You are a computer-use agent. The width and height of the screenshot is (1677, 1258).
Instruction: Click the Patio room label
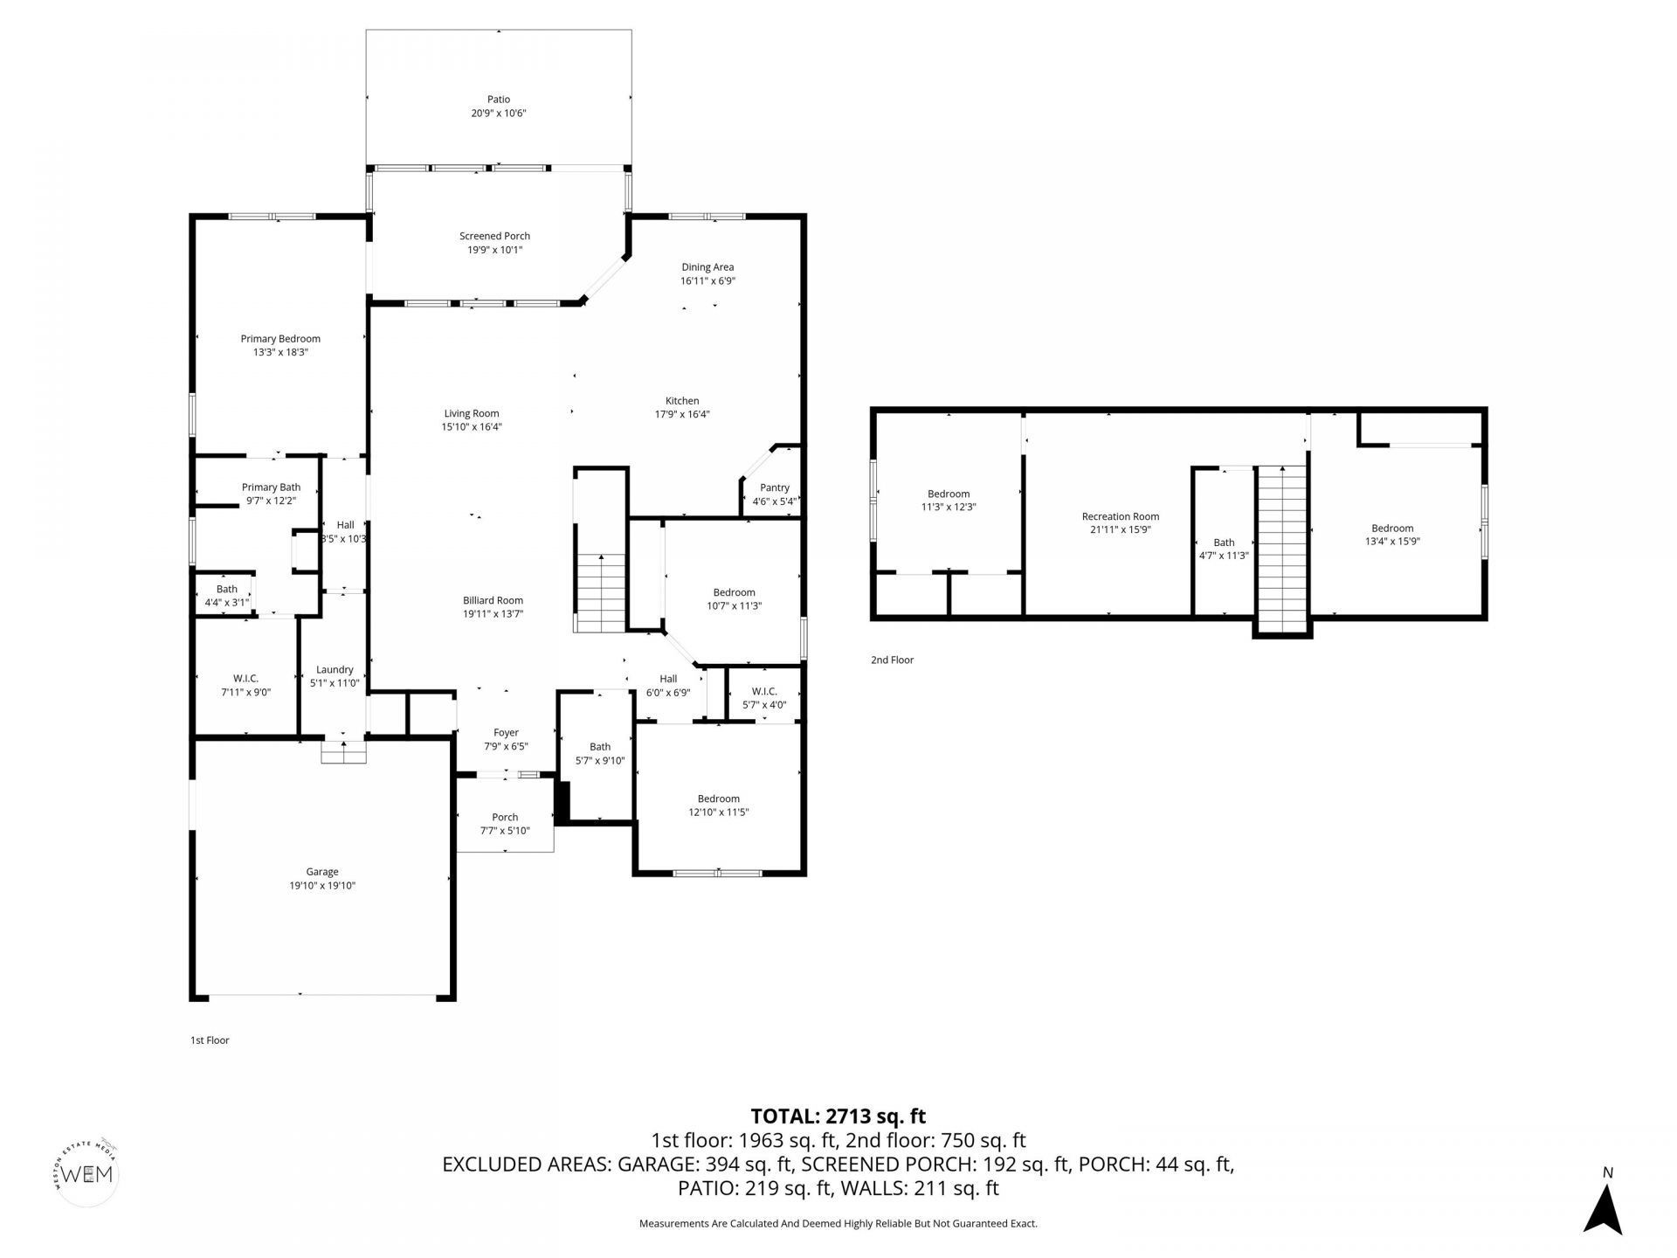(x=499, y=100)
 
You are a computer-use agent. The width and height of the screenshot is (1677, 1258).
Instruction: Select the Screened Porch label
(x=494, y=236)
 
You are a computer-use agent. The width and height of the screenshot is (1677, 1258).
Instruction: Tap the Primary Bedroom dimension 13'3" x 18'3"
(x=280, y=353)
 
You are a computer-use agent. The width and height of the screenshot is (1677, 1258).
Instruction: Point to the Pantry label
(x=775, y=488)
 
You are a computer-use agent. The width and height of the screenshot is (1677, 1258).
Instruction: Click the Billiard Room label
(x=493, y=600)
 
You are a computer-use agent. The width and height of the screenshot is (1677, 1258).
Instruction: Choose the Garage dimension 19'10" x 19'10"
(x=322, y=886)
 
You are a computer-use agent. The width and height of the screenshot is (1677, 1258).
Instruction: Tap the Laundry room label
(x=335, y=670)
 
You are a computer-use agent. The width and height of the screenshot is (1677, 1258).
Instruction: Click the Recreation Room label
(x=1121, y=516)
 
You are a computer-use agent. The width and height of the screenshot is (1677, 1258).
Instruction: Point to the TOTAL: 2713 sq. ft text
(x=838, y=1116)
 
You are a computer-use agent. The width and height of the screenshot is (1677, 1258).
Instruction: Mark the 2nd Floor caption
(x=892, y=660)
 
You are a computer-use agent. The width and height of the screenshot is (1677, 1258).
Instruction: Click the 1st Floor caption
(x=210, y=1040)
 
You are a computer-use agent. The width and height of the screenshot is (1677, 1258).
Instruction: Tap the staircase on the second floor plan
(x=1282, y=550)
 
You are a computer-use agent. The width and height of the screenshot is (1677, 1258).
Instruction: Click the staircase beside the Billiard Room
(x=600, y=593)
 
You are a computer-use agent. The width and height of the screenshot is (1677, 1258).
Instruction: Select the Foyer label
(x=506, y=733)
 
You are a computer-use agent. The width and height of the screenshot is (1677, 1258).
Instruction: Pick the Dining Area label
(x=707, y=267)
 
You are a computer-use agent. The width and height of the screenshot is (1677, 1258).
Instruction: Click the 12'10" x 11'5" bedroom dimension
(x=719, y=812)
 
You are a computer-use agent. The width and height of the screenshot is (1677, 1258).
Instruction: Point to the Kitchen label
(x=682, y=401)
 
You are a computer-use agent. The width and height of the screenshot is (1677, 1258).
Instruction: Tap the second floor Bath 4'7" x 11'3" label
(x=1224, y=549)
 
